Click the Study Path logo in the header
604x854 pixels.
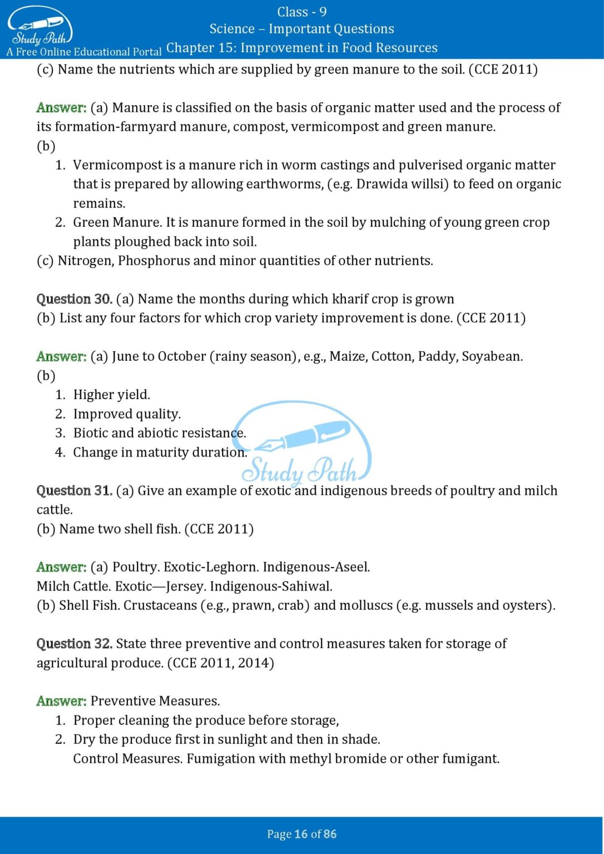tap(39, 27)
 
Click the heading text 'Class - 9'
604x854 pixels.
tap(301, 12)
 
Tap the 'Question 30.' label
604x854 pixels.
tap(75, 299)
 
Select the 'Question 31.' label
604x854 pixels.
tap(75, 491)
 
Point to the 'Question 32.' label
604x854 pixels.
tap(75, 644)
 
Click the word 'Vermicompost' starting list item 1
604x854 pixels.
tap(110, 165)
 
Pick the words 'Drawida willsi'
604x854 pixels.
tap(402, 184)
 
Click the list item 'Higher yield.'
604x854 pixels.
tap(112, 395)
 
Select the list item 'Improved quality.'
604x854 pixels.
tap(127, 414)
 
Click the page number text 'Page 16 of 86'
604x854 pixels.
tap(301, 834)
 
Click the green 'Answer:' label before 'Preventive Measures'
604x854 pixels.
tap(61, 701)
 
